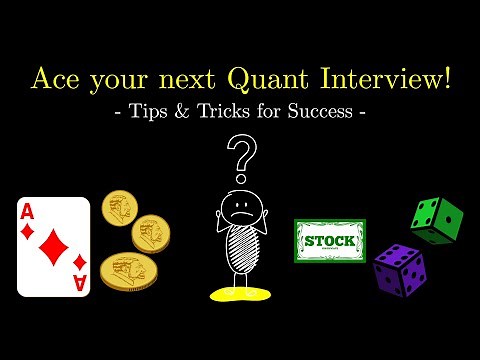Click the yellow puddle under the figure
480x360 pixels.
point(240,294)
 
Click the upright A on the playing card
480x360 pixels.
point(30,210)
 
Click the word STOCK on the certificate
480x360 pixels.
point(330,241)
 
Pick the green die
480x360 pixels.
point(437,220)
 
